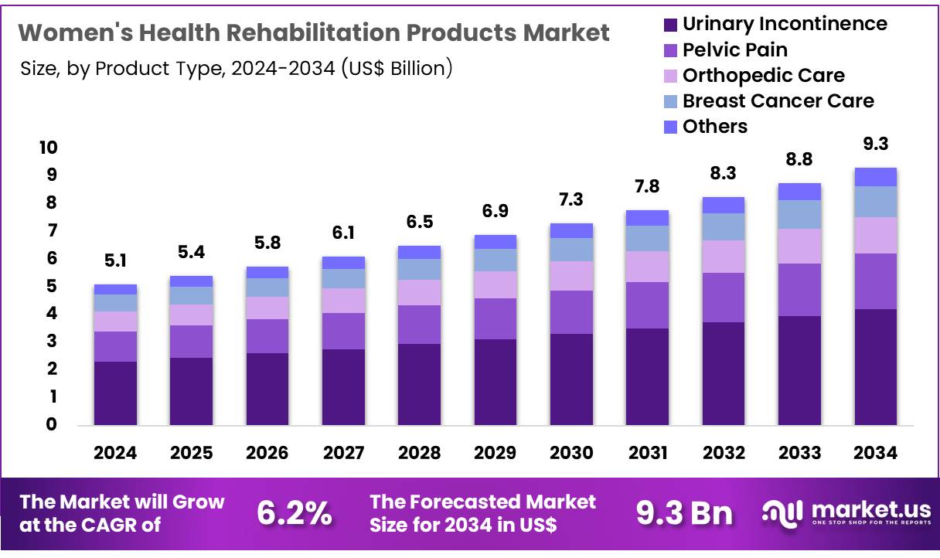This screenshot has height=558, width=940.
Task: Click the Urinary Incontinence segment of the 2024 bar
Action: coord(115,393)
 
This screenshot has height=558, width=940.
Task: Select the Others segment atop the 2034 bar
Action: coord(875,177)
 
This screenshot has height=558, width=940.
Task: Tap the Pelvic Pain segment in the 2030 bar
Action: coord(571,312)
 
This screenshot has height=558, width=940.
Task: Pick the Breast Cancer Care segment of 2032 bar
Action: coord(723,226)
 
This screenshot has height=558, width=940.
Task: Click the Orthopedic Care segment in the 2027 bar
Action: coord(343,301)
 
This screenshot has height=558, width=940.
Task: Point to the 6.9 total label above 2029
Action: coord(496,211)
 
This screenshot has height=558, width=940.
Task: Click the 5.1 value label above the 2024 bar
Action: coord(115,261)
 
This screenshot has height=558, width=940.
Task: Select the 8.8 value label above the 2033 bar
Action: coord(799,159)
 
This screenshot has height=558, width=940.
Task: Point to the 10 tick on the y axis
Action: coord(48,148)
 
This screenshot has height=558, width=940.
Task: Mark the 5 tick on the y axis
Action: coord(52,286)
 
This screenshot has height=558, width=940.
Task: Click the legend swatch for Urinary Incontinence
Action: coord(670,25)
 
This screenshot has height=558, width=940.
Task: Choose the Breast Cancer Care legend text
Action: coord(778,101)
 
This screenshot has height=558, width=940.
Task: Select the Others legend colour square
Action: coord(670,127)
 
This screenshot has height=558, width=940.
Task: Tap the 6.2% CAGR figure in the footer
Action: coord(295,513)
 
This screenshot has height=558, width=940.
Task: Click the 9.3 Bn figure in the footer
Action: coord(684,513)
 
